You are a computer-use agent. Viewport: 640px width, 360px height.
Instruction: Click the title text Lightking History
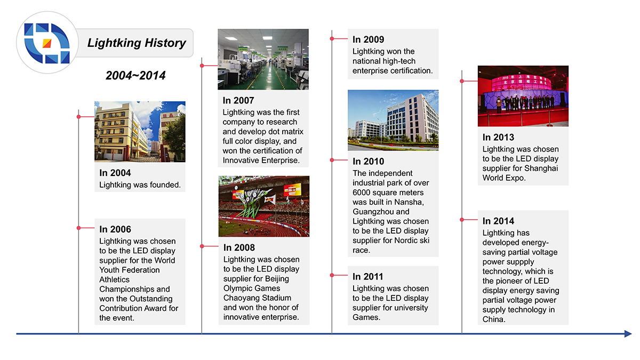pyautogui.click(x=137, y=43)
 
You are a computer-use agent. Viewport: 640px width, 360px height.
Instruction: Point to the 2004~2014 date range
pyautogui.click(x=135, y=76)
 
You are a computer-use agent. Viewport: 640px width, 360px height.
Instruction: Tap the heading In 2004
pyautogui.click(x=115, y=173)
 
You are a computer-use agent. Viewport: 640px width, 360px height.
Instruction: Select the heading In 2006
pyautogui.click(x=115, y=229)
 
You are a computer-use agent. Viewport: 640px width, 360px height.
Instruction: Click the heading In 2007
pyautogui.click(x=238, y=100)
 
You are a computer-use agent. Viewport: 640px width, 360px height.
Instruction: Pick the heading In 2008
pyautogui.click(x=239, y=247)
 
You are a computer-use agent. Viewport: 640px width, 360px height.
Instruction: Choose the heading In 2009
pyautogui.click(x=368, y=39)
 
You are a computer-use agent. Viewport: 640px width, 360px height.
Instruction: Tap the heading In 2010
pyautogui.click(x=368, y=161)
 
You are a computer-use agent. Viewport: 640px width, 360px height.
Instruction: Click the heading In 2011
pyautogui.click(x=368, y=276)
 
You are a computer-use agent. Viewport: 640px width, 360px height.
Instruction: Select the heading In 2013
pyautogui.click(x=498, y=137)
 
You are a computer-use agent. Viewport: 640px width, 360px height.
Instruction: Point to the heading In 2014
pyautogui.click(x=498, y=221)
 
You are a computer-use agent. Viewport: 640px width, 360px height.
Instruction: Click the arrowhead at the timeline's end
pyautogui.click(x=628, y=334)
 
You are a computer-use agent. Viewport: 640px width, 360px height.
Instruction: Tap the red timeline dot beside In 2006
pyautogui.click(x=78, y=228)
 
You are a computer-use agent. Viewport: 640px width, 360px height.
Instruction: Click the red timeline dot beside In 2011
pyautogui.click(x=332, y=275)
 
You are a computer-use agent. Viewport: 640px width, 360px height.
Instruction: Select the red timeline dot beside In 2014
pyautogui.click(x=462, y=219)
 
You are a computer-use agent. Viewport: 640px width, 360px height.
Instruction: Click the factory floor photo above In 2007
pyautogui.click(x=263, y=59)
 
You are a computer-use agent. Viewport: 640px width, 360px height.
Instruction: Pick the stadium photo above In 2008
pyautogui.click(x=263, y=206)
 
